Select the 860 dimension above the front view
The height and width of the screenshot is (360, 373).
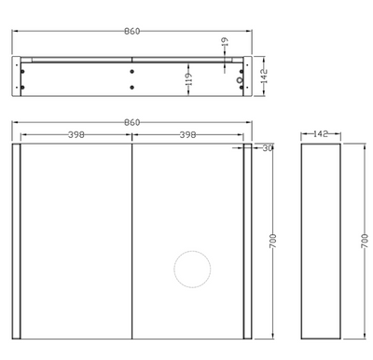pos(131,123)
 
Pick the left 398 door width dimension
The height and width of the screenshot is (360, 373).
pos(77,135)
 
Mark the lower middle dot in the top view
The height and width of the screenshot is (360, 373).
pos(131,89)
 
